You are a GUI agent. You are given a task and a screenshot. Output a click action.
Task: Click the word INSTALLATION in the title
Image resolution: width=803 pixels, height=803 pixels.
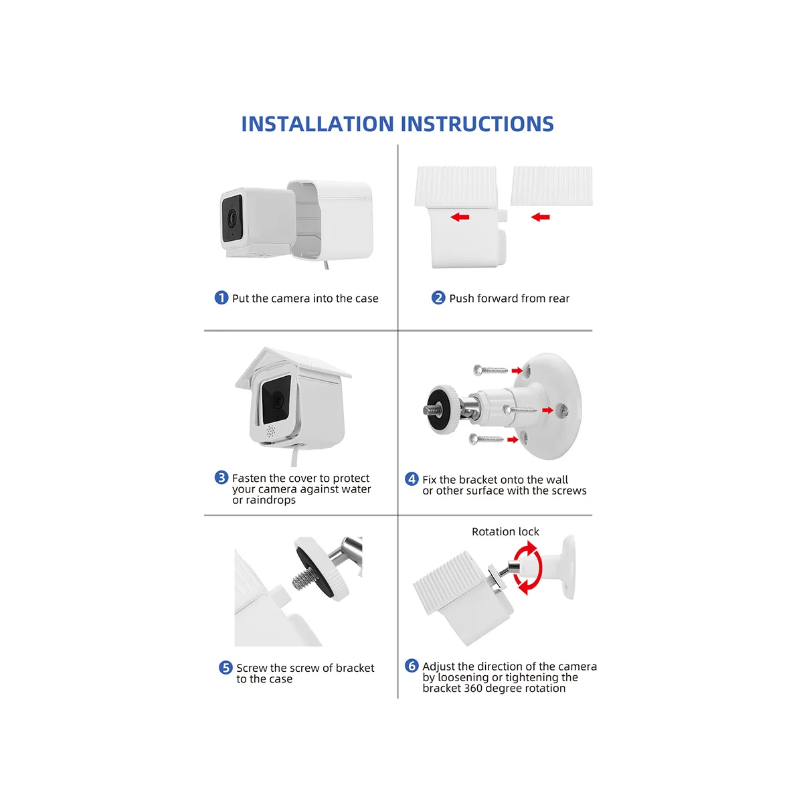tap(317, 124)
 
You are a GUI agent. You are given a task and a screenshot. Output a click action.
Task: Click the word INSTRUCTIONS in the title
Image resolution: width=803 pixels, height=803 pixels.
tap(477, 124)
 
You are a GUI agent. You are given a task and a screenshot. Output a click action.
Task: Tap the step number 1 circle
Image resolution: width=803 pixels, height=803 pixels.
tap(221, 298)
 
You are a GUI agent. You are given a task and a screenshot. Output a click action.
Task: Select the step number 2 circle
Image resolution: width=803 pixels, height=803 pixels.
tap(438, 298)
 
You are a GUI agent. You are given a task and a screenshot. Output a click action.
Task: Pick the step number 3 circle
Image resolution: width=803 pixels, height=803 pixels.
tap(221, 478)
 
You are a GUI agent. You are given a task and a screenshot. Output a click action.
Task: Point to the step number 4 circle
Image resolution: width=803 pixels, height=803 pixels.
tap(412, 479)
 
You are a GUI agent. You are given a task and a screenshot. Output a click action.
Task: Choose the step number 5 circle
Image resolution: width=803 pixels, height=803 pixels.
tap(226, 668)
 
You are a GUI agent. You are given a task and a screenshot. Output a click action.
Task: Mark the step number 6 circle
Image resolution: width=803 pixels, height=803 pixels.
tap(412, 666)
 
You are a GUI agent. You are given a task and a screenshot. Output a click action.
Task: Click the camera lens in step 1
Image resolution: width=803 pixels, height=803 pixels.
tap(232, 217)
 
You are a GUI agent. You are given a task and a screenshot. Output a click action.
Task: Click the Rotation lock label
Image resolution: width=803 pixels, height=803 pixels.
tap(505, 532)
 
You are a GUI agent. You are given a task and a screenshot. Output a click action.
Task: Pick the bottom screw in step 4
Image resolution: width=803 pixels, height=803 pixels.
tap(486, 439)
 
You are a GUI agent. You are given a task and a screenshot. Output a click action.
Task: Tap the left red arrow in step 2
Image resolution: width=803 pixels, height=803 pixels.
tap(459, 217)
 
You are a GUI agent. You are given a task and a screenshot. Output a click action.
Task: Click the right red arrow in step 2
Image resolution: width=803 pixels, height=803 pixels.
tap(540, 217)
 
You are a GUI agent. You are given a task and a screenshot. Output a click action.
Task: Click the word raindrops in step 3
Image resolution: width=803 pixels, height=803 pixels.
tap(270, 501)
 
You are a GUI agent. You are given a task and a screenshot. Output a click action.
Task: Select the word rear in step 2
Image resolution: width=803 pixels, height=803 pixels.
tap(559, 298)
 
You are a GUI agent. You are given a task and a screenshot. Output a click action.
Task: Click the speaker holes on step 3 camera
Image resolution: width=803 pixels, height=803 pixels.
tap(271, 431)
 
